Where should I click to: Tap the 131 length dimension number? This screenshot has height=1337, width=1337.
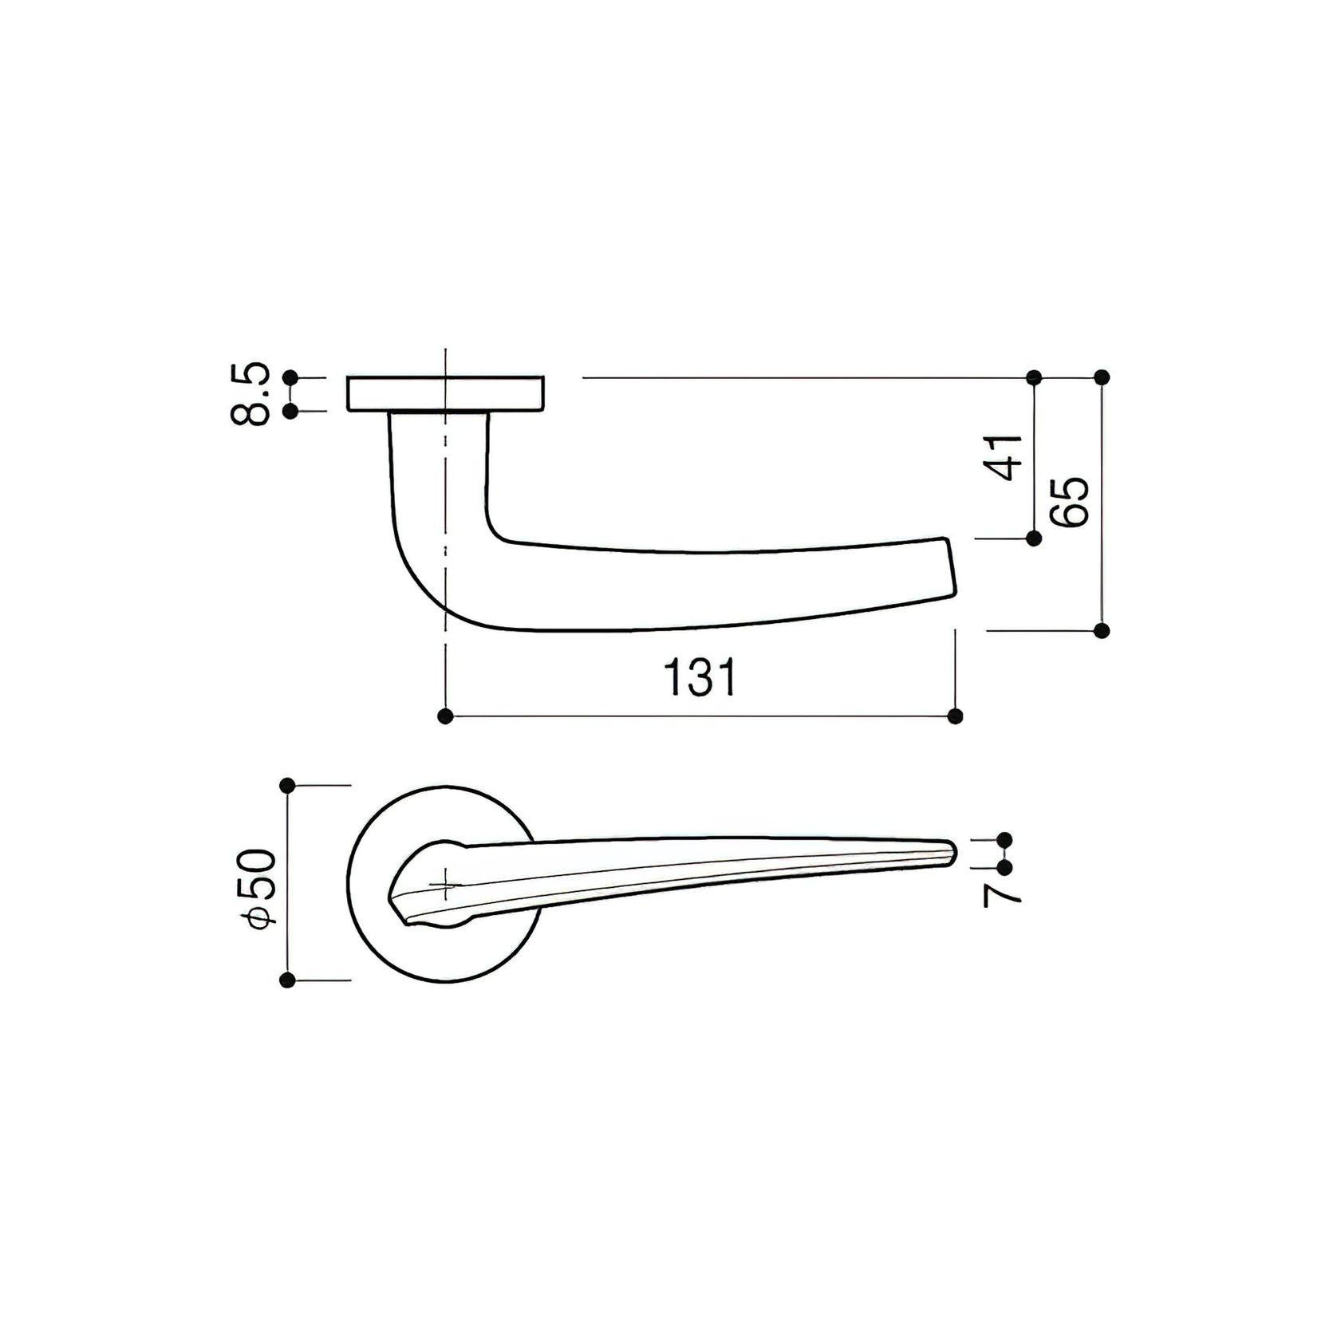[700, 677]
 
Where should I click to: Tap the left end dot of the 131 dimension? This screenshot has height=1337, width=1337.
[446, 716]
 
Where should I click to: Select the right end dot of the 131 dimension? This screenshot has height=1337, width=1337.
[956, 716]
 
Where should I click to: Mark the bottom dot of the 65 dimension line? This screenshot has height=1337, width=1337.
[1102, 631]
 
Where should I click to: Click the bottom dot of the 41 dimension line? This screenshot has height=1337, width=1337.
[1034, 538]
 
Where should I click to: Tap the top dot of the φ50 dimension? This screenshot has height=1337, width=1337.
[288, 786]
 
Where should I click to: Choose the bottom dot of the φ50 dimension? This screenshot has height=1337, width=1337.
[288, 980]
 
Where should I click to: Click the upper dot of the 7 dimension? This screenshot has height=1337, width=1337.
[1004, 839]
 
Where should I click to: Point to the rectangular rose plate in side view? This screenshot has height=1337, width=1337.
[445, 394]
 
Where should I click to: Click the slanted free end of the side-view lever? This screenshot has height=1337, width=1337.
[949, 567]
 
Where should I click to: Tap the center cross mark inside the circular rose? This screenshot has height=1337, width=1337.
[444, 884]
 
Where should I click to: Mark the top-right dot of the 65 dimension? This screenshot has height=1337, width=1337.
[1102, 377]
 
